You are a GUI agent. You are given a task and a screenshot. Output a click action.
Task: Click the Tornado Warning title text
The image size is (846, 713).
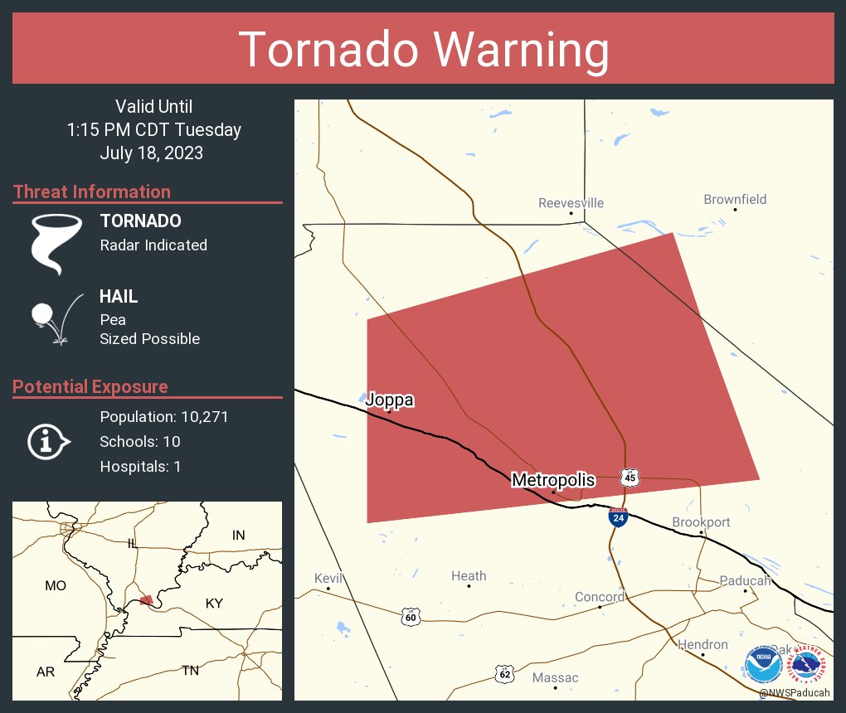tap(423, 50)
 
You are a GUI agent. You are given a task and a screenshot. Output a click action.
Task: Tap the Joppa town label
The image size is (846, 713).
tap(389, 400)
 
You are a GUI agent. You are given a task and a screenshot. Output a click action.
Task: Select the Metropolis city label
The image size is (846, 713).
tap(553, 480)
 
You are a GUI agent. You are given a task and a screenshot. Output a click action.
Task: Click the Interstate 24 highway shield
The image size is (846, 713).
tap(618, 517)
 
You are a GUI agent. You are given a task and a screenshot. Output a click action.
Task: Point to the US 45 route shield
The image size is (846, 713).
tap(630, 477)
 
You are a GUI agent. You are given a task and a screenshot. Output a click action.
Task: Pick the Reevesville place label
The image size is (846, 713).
tap(571, 203)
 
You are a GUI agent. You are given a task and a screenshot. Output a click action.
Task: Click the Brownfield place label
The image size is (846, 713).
tap(735, 199)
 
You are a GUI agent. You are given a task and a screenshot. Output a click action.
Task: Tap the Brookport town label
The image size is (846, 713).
tap(701, 522)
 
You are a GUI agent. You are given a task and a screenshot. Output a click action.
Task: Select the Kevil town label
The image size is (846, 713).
tap(328, 578)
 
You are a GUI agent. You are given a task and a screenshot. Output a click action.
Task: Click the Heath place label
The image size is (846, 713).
tap(469, 576)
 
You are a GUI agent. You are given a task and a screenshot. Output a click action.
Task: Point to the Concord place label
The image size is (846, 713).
tap(600, 597)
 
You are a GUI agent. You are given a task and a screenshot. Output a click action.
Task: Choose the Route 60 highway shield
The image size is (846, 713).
tap(411, 617)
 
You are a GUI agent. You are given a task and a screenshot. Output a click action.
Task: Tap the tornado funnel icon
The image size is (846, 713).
tap(56, 243)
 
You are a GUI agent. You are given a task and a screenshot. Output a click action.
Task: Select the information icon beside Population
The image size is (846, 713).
tap(48, 441)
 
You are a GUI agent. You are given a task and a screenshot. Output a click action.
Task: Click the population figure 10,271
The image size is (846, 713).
tap(199, 417)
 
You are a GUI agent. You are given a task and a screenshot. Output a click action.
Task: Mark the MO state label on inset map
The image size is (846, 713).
tap(56, 585)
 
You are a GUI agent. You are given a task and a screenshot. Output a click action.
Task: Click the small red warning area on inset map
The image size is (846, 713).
tap(145, 600)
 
